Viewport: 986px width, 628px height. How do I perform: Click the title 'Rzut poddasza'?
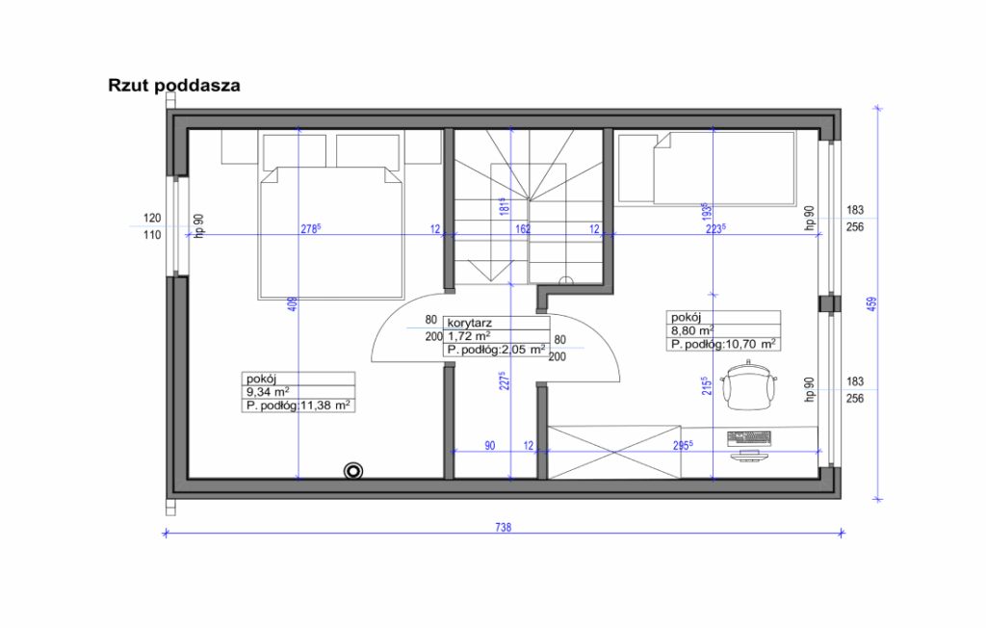click(174, 86)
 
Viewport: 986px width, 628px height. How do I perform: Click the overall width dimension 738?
click(504, 527)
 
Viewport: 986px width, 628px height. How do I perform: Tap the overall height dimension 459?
click(871, 302)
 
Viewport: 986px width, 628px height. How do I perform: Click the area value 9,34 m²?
click(269, 392)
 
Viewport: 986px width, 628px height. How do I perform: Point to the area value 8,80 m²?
click(691, 329)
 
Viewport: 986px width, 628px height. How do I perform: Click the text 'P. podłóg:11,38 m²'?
click(298, 406)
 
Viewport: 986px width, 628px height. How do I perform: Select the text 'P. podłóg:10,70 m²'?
click(724, 344)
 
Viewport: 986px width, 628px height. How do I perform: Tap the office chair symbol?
click(748, 384)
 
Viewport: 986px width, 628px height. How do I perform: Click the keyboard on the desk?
click(750, 437)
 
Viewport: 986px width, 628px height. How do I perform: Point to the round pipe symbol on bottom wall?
click(354, 470)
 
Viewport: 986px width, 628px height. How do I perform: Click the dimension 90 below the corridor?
click(490, 445)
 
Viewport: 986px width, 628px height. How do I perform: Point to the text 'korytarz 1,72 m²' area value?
click(470, 336)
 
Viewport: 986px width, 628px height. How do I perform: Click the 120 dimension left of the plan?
click(151, 219)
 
